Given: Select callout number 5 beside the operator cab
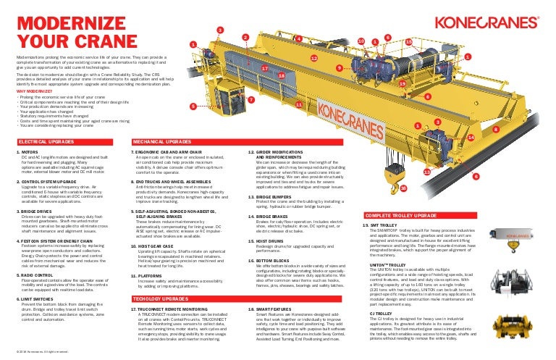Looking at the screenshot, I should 193,106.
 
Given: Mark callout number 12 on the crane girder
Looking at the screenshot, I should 313,56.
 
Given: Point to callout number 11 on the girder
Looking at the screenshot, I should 298,106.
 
